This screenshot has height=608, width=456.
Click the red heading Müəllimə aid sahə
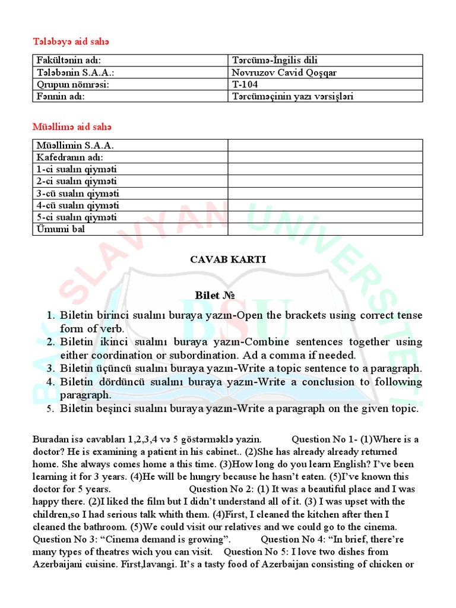(x=71, y=126)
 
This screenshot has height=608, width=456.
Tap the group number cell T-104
(x=245, y=84)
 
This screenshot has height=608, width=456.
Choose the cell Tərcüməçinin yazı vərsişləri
(x=293, y=96)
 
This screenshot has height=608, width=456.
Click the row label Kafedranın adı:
(x=69, y=157)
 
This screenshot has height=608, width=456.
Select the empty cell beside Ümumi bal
(x=325, y=229)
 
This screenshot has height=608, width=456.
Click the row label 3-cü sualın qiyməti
(x=77, y=193)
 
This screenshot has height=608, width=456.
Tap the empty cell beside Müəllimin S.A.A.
(x=325, y=145)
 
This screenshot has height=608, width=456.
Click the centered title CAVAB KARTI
(x=227, y=259)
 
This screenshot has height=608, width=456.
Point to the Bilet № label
(x=212, y=295)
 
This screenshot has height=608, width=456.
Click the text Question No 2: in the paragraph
(x=221, y=489)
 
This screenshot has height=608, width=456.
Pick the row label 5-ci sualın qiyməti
(x=77, y=217)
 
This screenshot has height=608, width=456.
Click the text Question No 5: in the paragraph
(x=267, y=552)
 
